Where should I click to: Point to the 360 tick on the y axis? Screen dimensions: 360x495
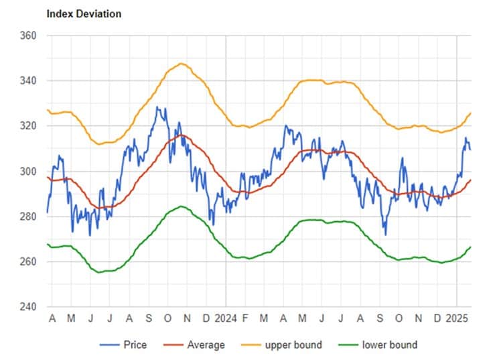[x=28, y=36]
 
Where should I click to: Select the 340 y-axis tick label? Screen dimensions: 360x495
[x=28, y=81]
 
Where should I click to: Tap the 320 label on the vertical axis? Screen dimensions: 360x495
[x=28, y=126]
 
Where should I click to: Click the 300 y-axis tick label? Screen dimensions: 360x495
[x=28, y=172]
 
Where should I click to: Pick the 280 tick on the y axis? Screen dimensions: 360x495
[x=28, y=217]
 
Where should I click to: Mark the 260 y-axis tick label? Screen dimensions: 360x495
[x=28, y=262]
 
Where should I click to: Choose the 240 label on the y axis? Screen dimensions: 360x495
[x=28, y=307]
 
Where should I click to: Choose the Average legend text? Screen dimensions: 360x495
[x=206, y=345]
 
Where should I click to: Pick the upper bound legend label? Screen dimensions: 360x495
[x=292, y=345]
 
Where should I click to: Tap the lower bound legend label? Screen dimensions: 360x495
[x=390, y=345]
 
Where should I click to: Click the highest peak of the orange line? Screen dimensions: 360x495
[x=181, y=64]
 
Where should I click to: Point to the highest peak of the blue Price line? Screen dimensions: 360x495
[x=157, y=107]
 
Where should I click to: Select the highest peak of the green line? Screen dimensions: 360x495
[x=180, y=206]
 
